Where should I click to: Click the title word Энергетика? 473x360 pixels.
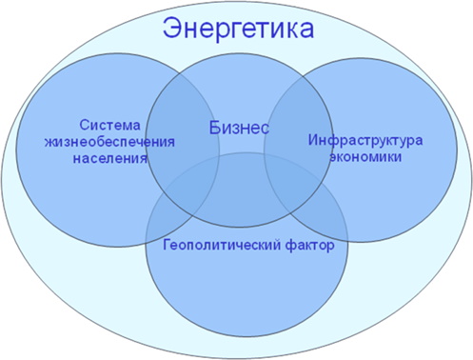coord(238,28)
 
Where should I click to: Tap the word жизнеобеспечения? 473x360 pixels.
coord(111,141)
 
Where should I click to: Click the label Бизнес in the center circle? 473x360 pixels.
coord(238,126)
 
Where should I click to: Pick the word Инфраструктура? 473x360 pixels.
coord(365,140)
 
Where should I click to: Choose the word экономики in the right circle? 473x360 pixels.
coord(365,156)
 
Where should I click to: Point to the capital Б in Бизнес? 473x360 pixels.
coord(213,126)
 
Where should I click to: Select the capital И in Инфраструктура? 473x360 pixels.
coord(312,140)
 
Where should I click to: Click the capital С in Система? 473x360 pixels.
coord(84,126)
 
